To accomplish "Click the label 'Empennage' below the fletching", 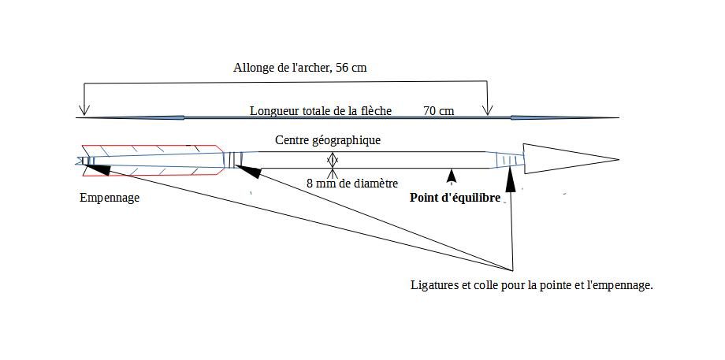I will [x=110, y=198].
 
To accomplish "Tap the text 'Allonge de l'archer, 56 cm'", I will [x=299, y=68].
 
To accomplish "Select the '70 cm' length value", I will [x=438, y=111].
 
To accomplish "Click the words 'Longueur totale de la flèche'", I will [x=321, y=111].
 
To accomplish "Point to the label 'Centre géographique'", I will [x=328, y=140].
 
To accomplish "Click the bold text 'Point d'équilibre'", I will [x=455, y=198].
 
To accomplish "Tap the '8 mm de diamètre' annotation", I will [x=352, y=184].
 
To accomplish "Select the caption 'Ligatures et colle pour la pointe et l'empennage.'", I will [x=532, y=284].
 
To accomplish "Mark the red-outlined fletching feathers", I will [x=150, y=161].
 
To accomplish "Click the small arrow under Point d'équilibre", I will [x=451, y=173].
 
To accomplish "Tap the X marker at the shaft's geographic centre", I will [x=333, y=161].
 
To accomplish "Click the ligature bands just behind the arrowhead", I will [x=511, y=160].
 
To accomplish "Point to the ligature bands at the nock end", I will [x=89, y=161].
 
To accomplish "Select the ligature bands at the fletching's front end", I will [x=232, y=160].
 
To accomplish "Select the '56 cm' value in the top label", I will [x=351, y=68].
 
